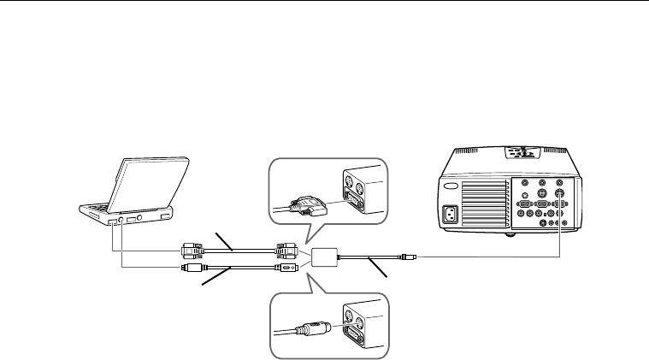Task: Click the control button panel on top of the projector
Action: (518, 155)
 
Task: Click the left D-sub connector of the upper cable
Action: (191, 251)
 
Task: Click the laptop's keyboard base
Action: (128, 211)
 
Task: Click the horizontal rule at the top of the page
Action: (324, 2)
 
